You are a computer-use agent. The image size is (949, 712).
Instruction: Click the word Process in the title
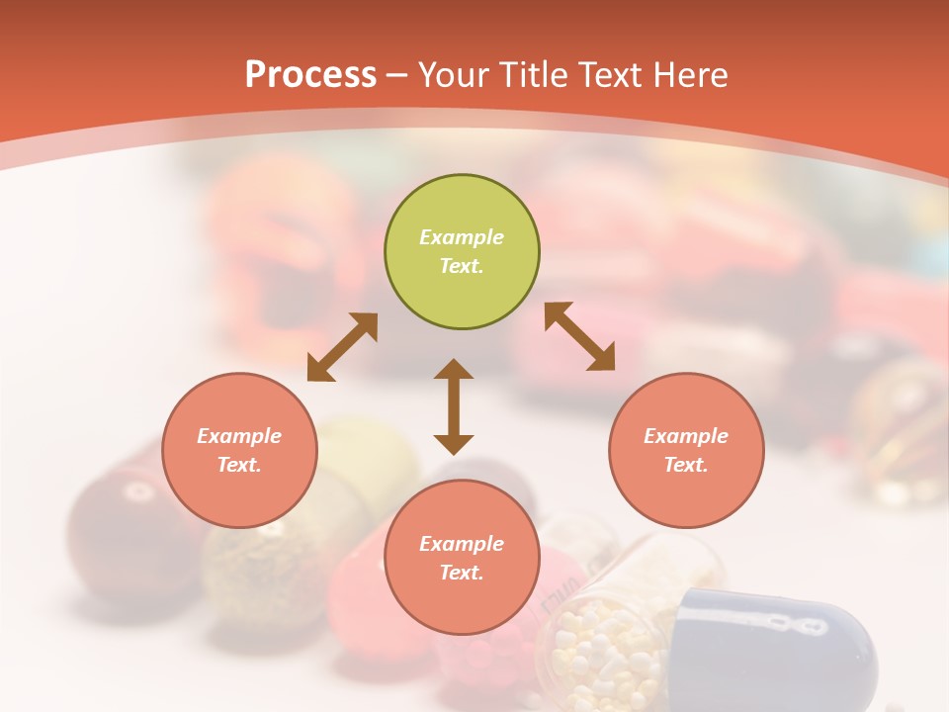310,75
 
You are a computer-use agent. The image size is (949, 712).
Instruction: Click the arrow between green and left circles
342,347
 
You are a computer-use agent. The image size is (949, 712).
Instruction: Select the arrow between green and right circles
580,336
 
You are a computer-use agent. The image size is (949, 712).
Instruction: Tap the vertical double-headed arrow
454,406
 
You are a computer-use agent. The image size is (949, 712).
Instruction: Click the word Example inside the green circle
462,237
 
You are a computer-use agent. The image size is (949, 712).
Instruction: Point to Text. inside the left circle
239,465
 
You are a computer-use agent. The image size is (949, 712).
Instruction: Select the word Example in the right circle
686,436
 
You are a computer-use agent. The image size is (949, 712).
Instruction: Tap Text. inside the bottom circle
462,573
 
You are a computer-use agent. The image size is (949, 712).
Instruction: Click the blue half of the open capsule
781,643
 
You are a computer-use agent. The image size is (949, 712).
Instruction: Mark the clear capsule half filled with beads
613,633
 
